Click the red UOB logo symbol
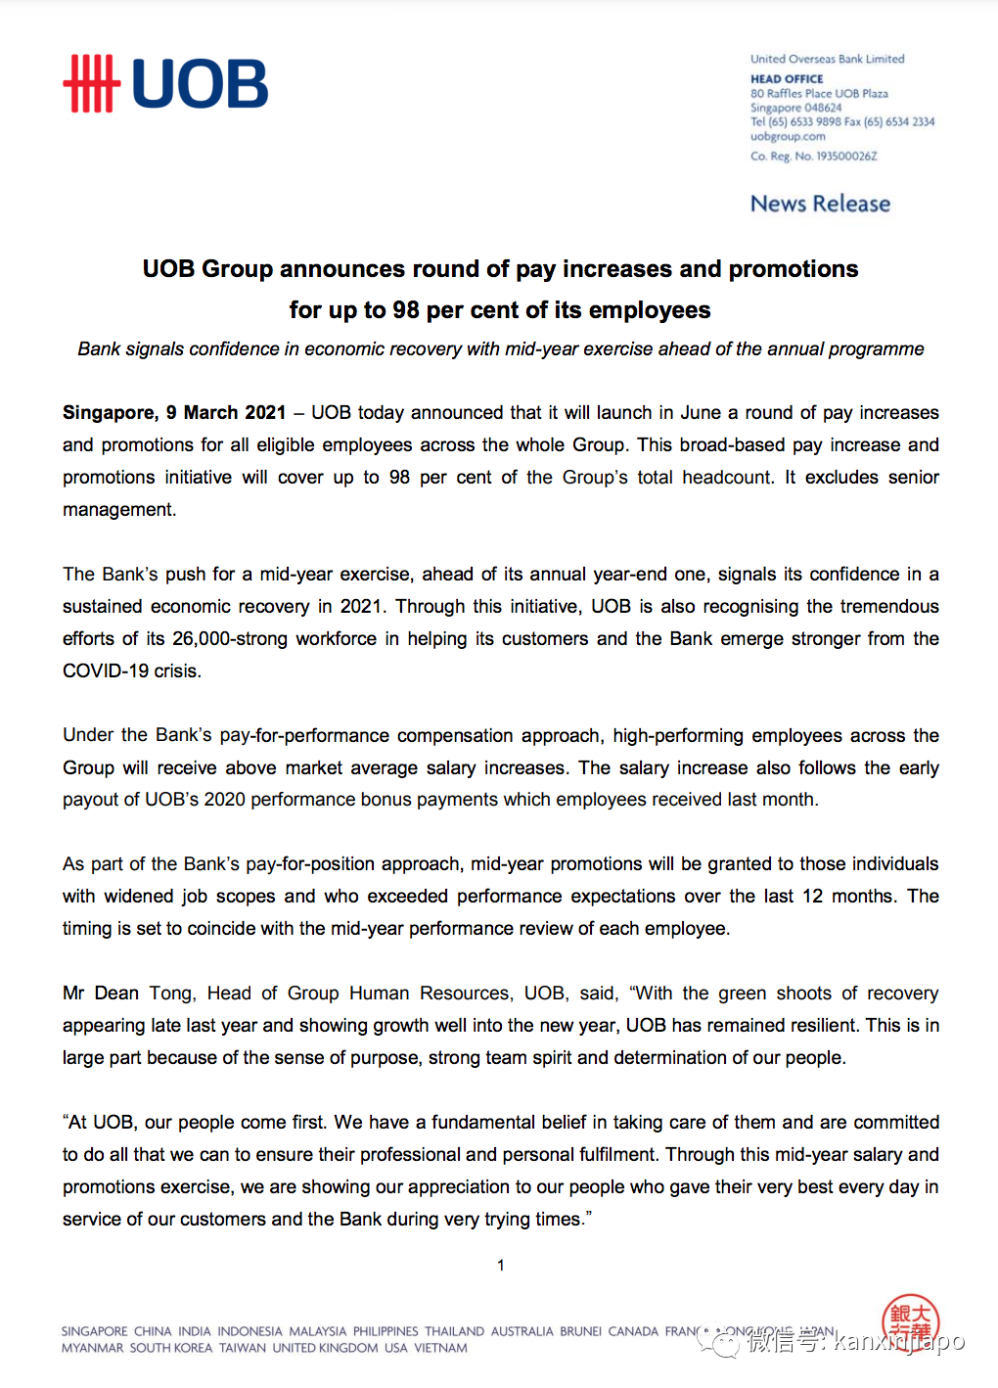[x=92, y=84]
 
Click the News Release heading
[x=820, y=204]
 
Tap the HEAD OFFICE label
[x=787, y=79]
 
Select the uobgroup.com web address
[x=788, y=137]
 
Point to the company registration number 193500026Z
[x=846, y=157]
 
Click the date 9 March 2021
[x=226, y=413]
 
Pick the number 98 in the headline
[x=406, y=310]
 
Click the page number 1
[x=501, y=1266]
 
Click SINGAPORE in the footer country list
[x=94, y=1332]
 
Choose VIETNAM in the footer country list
[x=440, y=1349]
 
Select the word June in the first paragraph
[x=699, y=413]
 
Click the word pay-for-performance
[x=305, y=736]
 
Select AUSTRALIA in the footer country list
[x=522, y=1332]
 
